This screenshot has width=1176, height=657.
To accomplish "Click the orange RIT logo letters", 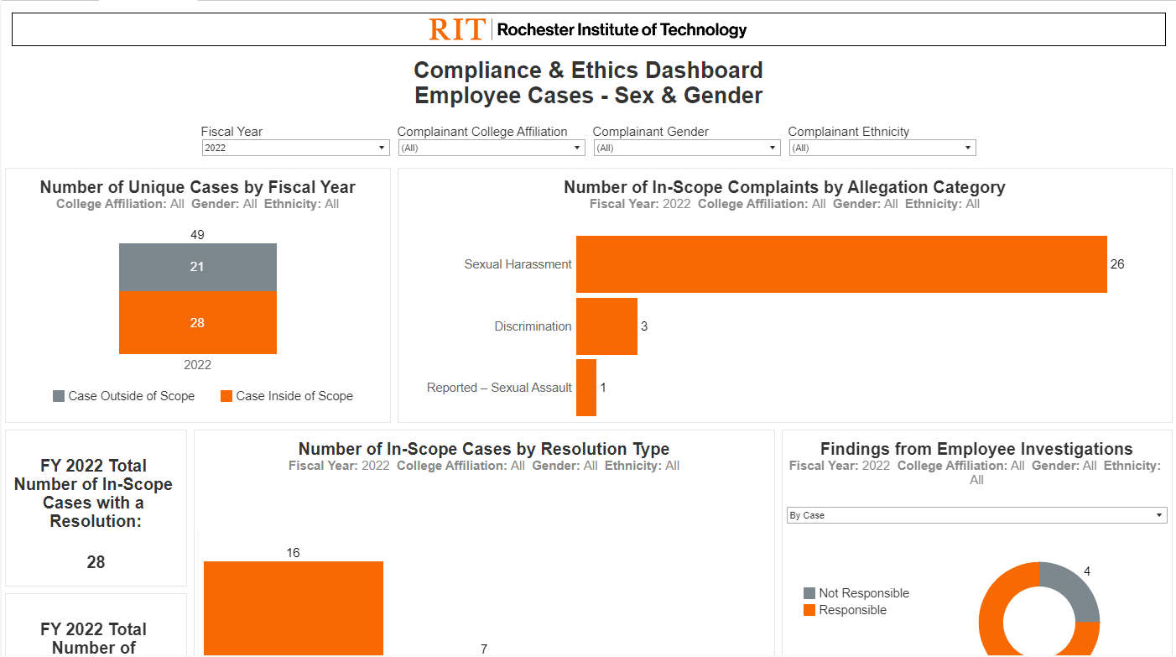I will pos(457,29).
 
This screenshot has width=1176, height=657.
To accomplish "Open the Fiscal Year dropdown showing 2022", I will pos(295,148).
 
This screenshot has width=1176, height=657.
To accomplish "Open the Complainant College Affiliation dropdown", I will pos(491,148).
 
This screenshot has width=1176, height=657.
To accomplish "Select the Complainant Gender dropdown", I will pos(687,148).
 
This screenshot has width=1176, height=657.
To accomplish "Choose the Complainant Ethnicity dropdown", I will pos(882,148).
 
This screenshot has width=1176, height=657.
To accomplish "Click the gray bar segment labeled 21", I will pos(197,267).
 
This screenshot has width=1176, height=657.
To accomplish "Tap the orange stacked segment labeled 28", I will pos(197,323).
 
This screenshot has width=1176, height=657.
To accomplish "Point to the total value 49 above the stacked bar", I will pos(197,235).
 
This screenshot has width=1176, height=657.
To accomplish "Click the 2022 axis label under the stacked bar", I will pos(197,365).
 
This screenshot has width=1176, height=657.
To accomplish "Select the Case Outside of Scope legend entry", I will pos(123,396).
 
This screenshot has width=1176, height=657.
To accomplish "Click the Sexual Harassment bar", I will pos(840,264).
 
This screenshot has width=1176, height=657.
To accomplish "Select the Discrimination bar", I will pos(606,326).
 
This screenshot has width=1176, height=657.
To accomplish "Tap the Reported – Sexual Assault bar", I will pos(586,388).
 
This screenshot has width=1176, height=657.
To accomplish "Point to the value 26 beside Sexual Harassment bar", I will pos(1117,264).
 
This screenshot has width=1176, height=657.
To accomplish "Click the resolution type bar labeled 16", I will pos(293,607).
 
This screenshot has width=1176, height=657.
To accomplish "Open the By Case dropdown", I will pos(976,515).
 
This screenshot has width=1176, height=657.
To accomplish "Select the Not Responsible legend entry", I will pos(856,593).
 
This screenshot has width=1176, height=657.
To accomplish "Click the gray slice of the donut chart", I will pos(1073,591).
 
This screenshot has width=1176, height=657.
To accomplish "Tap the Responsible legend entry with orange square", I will pos(845,610).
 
